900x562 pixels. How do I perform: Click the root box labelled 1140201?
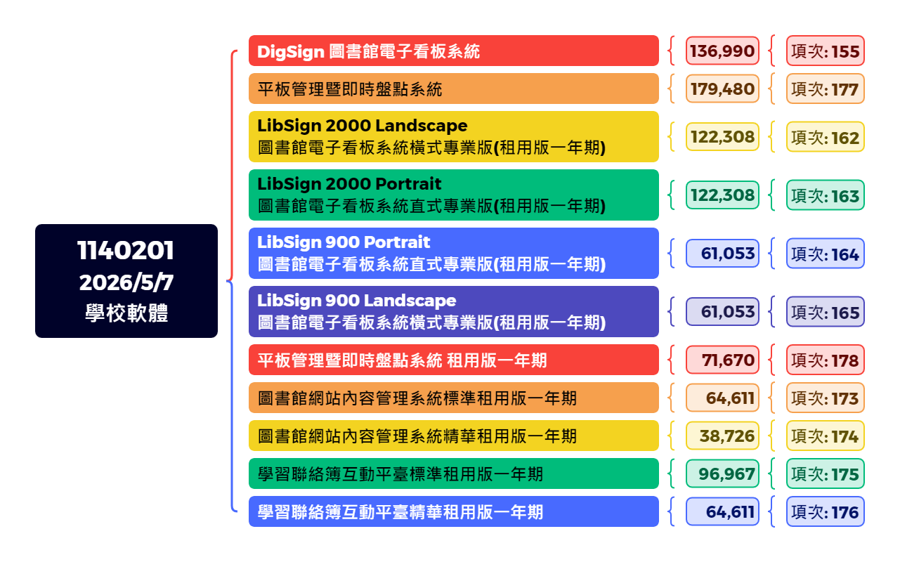(126, 281)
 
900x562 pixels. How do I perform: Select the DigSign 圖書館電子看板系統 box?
(453, 51)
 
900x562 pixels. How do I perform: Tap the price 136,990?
(722, 51)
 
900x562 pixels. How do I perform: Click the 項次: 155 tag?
(825, 51)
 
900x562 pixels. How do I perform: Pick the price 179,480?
(722, 89)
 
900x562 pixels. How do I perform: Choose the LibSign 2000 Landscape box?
(453, 136)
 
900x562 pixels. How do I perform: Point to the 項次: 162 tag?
(825, 137)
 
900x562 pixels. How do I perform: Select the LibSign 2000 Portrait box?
(453, 195)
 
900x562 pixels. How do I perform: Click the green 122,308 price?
(722, 195)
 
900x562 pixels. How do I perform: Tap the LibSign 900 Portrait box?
(453, 253)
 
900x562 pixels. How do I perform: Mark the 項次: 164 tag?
(825, 254)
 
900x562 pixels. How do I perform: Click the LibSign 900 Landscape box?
(453, 311)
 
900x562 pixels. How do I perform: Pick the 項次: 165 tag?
(825, 312)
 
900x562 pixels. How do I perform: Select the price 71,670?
(722, 360)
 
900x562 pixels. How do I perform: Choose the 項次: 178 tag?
(825, 360)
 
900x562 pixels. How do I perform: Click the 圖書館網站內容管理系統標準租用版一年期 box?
(453, 398)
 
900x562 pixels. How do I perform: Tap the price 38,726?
(722, 436)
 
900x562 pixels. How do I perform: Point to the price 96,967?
(722, 473)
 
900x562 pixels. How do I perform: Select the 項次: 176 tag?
(825, 511)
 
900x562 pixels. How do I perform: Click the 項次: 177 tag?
(825, 89)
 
